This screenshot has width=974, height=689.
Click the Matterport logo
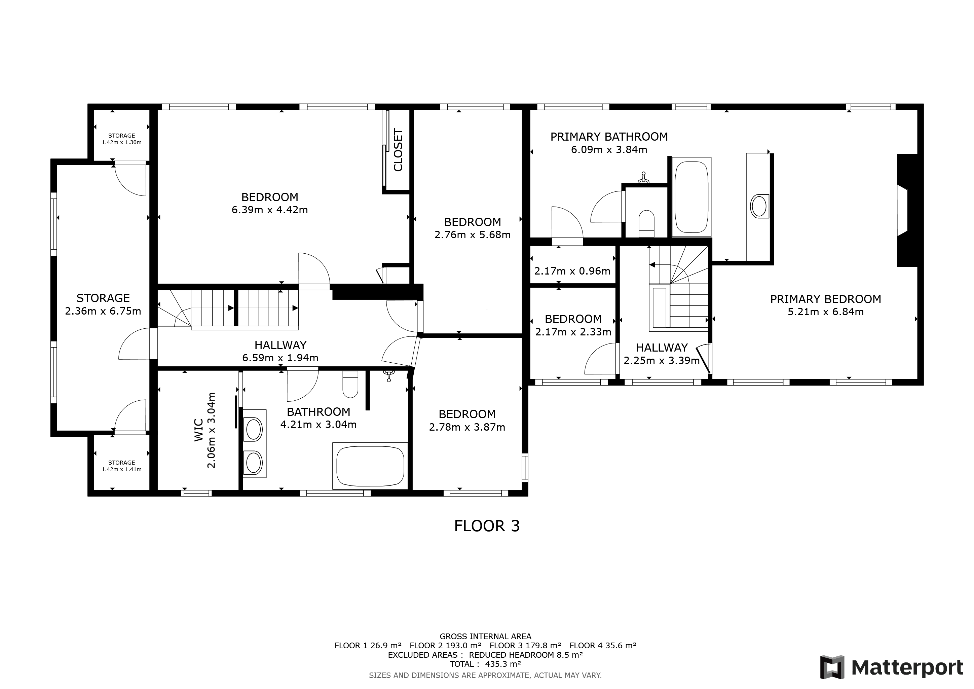click(x=891, y=667)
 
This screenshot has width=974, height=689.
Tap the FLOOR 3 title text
click(x=487, y=526)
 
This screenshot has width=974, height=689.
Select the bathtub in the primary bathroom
click(x=691, y=196)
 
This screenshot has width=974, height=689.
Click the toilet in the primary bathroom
click(x=646, y=223)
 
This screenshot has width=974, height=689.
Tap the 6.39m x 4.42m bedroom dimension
click(x=269, y=210)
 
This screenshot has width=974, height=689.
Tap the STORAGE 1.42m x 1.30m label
click(x=121, y=139)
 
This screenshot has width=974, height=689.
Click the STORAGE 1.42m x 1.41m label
click(x=121, y=466)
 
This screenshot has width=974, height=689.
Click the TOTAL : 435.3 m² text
click(x=485, y=664)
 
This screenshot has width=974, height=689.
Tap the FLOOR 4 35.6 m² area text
click(x=602, y=645)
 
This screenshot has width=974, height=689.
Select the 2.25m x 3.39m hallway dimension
click(x=661, y=361)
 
